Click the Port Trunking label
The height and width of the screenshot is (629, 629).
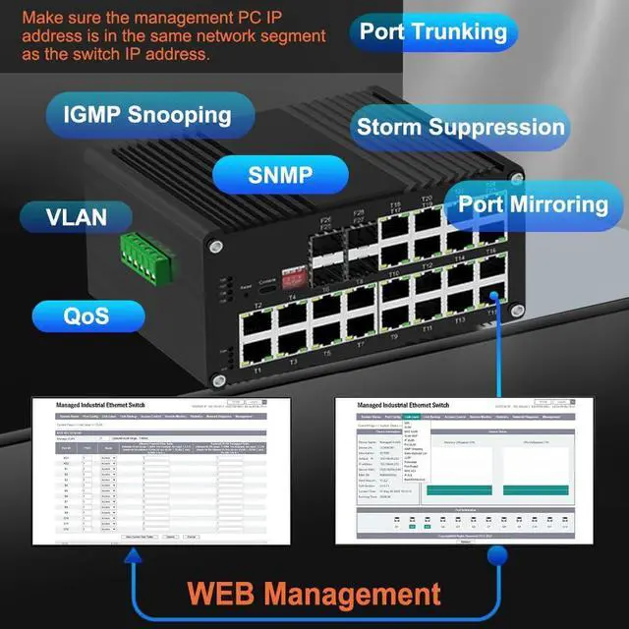432,31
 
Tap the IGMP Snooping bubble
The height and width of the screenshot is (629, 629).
147,115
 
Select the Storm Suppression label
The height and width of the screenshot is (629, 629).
460,127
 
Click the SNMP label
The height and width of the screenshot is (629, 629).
280,176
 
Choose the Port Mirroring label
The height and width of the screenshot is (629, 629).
534,205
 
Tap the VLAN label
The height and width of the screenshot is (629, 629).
77,216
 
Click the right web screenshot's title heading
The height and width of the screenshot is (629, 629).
403,404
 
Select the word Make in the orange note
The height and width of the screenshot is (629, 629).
41,18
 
